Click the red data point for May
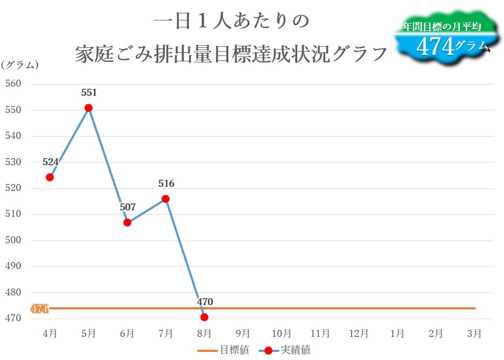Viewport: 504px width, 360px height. [x=88, y=108]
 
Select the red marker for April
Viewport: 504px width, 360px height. [x=50, y=177]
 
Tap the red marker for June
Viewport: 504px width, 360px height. [x=127, y=222]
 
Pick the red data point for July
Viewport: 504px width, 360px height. [x=166, y=199]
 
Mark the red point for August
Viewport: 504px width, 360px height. [x=204, y=317]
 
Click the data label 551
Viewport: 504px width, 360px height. [x=89, y=93]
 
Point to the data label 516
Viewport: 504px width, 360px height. [x=166, y=183]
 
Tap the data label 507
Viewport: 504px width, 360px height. [x=128, y=207]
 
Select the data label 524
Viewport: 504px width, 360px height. [x=51, y=161]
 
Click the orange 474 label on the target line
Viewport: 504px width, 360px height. [x=39, y=309]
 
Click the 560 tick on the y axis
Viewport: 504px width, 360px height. [x=13, y=84]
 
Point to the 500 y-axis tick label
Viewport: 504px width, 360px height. [x=13, y=241]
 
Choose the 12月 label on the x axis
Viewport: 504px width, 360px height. [x=359, y=334]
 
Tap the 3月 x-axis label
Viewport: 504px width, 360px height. [x=474, y=334]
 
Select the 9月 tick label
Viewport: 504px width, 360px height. [x=243, y=334]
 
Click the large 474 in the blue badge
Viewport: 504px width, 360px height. [x=435, y=47]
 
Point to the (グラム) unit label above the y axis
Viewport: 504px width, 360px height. [x=20, y=65]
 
